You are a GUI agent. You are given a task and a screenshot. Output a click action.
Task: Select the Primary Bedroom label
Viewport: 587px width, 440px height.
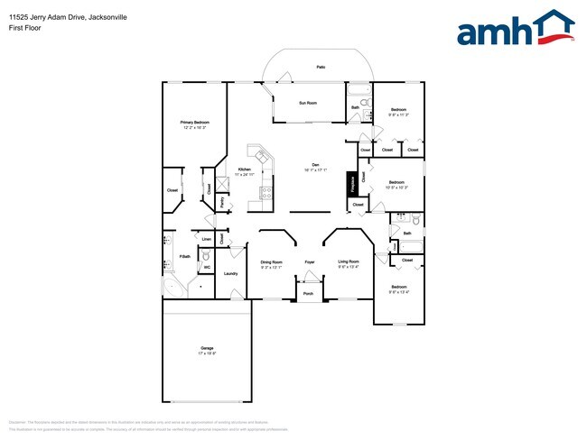[x=194, y=124]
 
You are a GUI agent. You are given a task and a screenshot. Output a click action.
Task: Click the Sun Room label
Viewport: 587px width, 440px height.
[x=308, y=103]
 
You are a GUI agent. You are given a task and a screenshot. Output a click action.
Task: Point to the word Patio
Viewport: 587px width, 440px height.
[x=321, y=68]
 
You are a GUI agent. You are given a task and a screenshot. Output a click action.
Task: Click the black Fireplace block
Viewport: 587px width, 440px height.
[x=350, y=183]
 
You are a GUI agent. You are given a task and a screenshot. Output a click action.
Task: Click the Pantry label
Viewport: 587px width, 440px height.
[x=222, y=203]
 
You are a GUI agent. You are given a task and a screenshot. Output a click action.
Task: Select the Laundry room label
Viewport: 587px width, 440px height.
[x=230, y=273]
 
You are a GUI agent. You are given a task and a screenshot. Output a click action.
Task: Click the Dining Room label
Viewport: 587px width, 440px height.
[x=272, y=263]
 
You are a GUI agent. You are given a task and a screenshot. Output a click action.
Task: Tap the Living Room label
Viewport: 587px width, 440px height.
[x=349, y=263]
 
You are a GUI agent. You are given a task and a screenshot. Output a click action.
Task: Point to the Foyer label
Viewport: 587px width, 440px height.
[x=309, y=262]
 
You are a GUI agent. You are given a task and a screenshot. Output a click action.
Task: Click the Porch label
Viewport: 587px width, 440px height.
[x=308, y=294]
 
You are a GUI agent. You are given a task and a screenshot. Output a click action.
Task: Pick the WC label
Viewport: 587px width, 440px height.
[x=207, y=267]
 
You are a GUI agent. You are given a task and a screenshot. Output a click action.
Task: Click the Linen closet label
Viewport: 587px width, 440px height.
[x=207, y=239]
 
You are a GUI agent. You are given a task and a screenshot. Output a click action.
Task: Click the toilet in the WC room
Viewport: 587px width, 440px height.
[x=206, y=256]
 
